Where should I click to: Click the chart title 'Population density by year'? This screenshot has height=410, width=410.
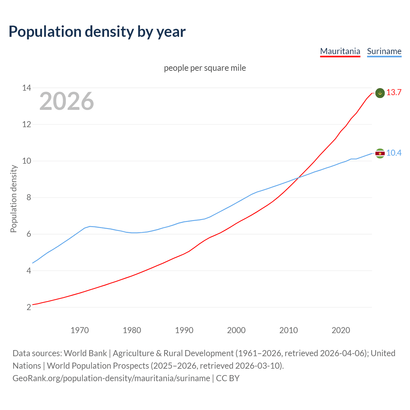(x=97, y=31)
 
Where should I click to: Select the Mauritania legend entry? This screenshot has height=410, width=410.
(x=340, y=51)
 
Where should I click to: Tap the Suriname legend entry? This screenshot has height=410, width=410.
(x=384, y=51)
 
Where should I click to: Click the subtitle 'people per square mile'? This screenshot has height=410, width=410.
(x=205, y=68)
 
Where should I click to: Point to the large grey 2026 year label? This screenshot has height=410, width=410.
(x=67, y=101)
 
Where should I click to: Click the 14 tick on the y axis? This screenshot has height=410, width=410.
(x=27, y=88)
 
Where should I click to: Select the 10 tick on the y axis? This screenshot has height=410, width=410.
(x=27, y=161)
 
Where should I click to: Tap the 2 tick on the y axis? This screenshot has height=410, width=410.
(x=29, y=307)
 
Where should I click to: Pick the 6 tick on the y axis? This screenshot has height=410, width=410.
(x=29, y=234)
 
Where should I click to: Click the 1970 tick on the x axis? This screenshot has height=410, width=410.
(x=79, y=330)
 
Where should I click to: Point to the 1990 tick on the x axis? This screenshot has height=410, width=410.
(x=184, y=330)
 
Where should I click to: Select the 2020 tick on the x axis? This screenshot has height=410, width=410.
(x=340, y=330)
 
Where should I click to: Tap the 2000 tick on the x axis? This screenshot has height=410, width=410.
(x=236, y=330)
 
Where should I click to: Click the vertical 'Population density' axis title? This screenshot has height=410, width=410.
(x=13, y=199)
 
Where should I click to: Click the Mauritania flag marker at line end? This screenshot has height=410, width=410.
(x=380, y=93)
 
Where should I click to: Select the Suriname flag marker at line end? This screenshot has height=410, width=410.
(x=380, y=153)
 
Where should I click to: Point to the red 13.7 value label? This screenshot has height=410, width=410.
(x=394, y=93)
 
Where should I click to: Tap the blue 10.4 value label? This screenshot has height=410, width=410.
(x=394, y=153)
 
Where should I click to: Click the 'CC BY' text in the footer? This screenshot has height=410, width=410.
(x=228, y=378)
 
